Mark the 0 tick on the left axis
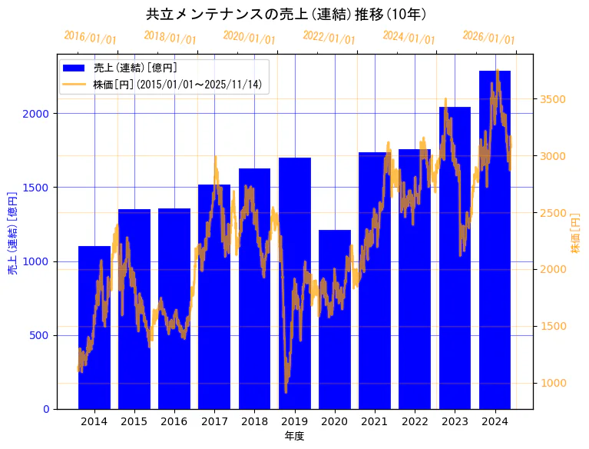[46, 409]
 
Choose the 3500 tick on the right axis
[555, 99]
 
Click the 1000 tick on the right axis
[555, 383]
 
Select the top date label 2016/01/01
[90, 37]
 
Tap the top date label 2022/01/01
[329, 37]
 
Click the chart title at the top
[286, 14]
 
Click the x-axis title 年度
[294, 436]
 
